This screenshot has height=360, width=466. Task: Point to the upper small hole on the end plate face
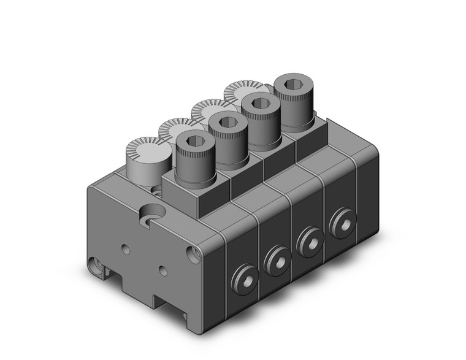(x=126, y=249)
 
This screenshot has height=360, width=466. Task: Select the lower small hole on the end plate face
(x=162, y=270)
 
